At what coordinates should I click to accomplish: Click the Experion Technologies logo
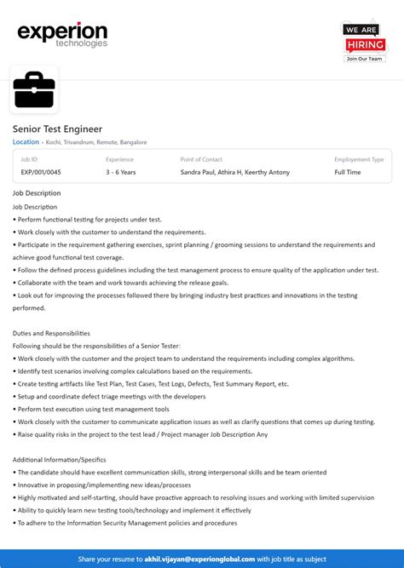click(62, 34)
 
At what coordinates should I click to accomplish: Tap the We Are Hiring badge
click(364, 40)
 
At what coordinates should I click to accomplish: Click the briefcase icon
click(34, 89)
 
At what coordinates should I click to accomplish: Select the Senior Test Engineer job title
click(57, 129)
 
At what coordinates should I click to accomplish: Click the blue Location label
click(26, 142)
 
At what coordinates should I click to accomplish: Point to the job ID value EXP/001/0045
click(41, 172)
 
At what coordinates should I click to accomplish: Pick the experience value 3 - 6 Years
click(121, 172)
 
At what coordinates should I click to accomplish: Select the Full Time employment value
click(348, 172)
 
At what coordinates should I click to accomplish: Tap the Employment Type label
click(359, 159)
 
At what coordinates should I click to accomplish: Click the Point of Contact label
click(201, 159)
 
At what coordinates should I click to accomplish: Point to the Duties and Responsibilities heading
click(51, 333)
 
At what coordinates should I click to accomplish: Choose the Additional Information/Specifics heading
click(60, 460)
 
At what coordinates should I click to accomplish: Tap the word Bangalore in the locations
click(133, 142)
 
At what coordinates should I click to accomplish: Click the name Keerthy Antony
click(268, 172)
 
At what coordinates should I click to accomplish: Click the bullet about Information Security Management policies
click(126, 523)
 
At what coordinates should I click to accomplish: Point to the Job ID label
click(29, 159)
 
